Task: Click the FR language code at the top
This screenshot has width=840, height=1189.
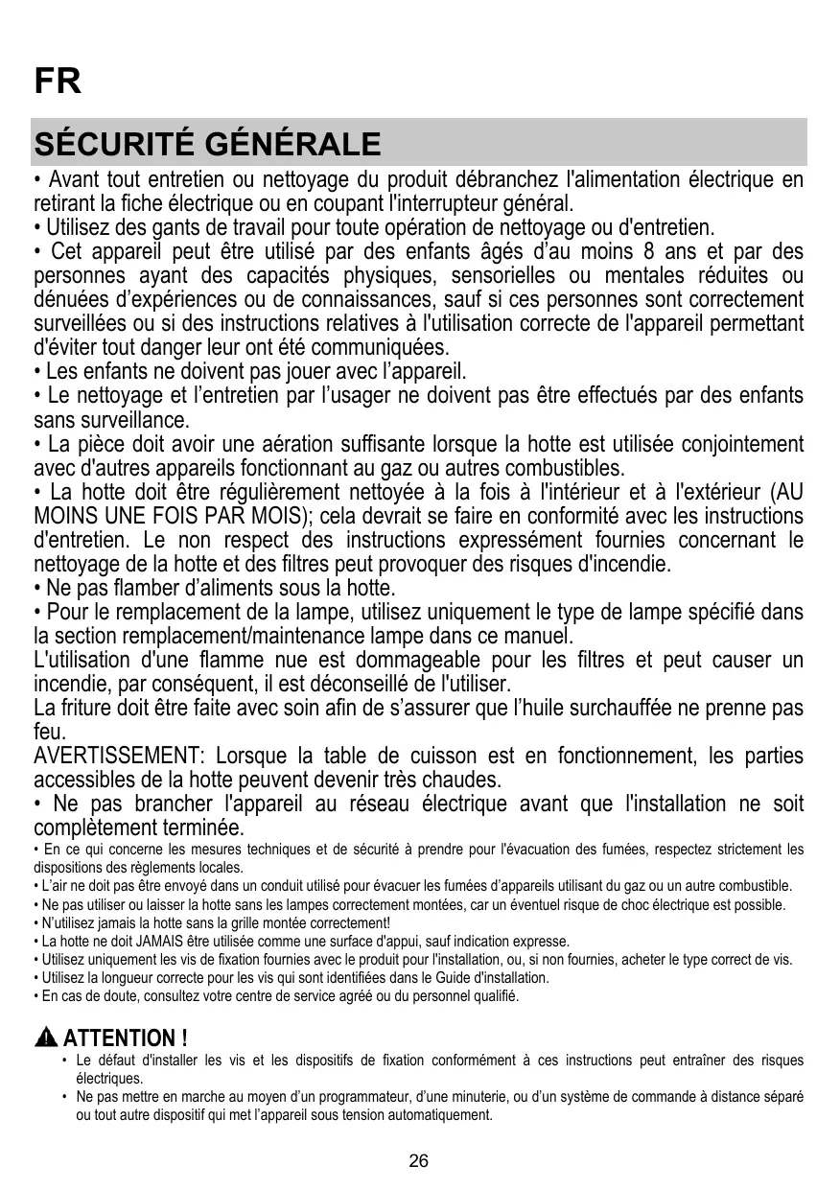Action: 58,82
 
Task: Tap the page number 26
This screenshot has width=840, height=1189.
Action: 419,1161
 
